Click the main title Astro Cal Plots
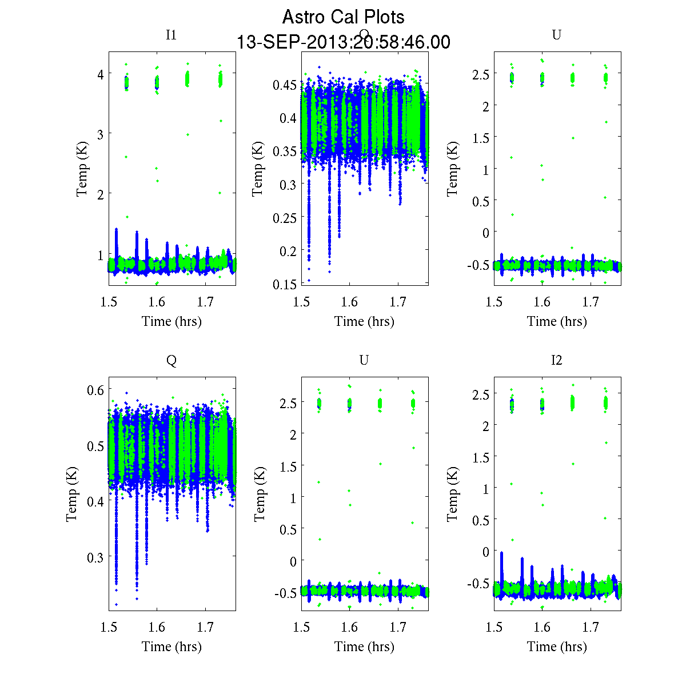pos(343,17)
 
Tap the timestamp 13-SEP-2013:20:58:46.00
pos(343,42)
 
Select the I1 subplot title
pos(171,35)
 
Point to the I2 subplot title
pos(556,360)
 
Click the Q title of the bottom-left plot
pos(171,360)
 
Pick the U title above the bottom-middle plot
pos(364,360)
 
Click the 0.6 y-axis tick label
pos(95,390)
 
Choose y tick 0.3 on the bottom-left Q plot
pos(95,557)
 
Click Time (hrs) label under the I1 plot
pos(171,321)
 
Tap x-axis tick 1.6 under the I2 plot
pos(542,628)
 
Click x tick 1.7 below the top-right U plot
pos(591,302)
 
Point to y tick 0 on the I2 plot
pos(486,552)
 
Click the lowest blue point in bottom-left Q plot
pos(116,604)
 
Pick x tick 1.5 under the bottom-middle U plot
pos(301,628)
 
